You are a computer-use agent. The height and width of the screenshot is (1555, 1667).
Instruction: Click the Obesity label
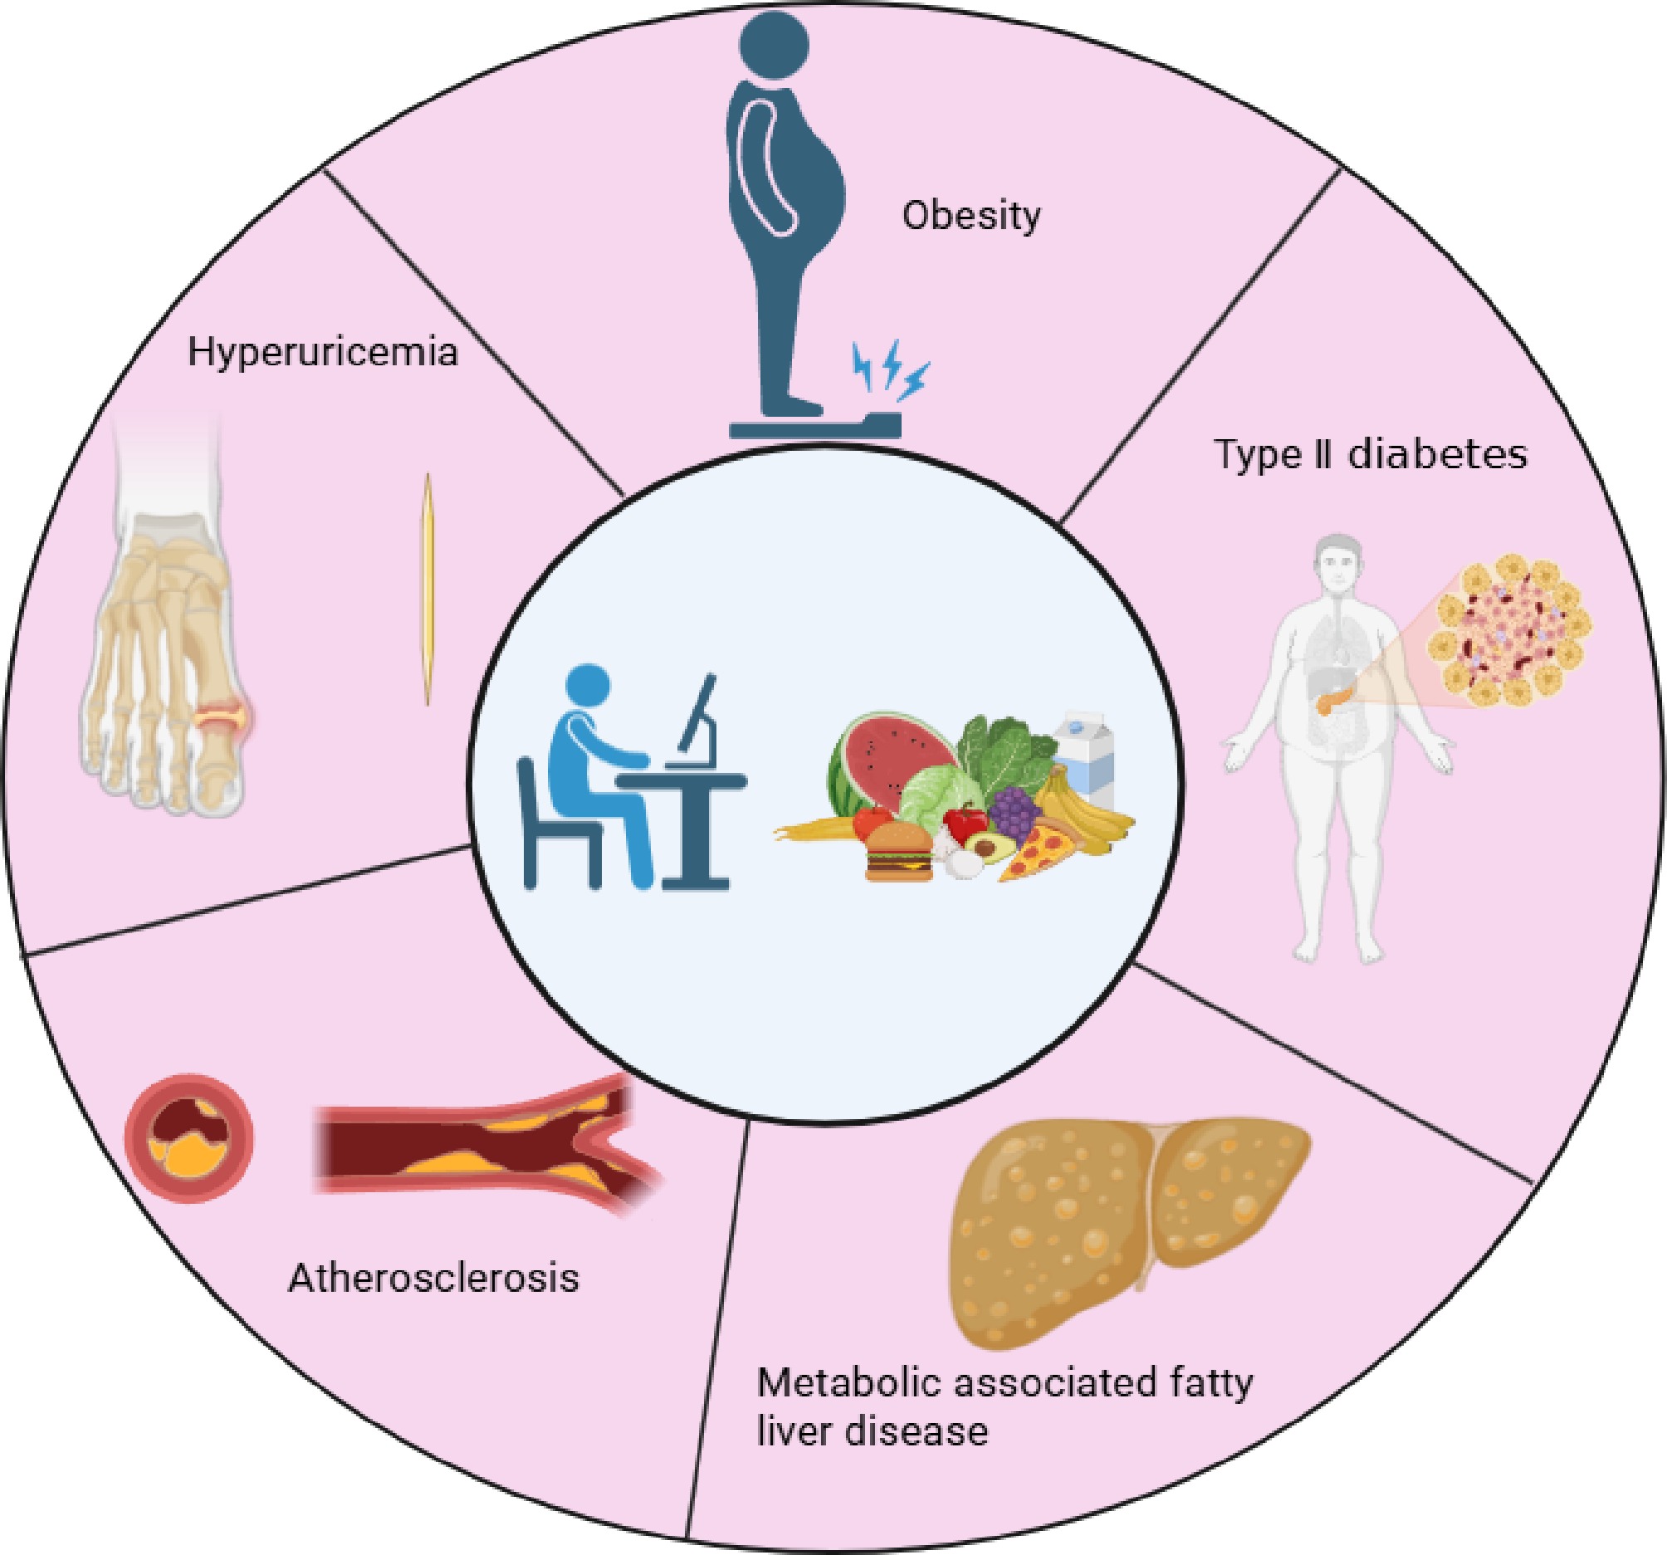(971, 216)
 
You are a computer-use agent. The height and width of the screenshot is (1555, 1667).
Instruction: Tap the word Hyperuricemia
(323, 351)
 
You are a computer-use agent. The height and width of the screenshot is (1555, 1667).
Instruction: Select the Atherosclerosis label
(433, 1279)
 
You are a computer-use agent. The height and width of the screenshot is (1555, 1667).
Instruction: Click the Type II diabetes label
(1371, 455)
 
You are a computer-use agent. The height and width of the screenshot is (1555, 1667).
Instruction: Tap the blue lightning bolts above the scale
(891, 367)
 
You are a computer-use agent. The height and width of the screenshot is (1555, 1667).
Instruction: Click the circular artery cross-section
(188, 1138)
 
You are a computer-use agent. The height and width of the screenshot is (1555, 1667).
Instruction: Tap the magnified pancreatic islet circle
(1513, 629)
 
